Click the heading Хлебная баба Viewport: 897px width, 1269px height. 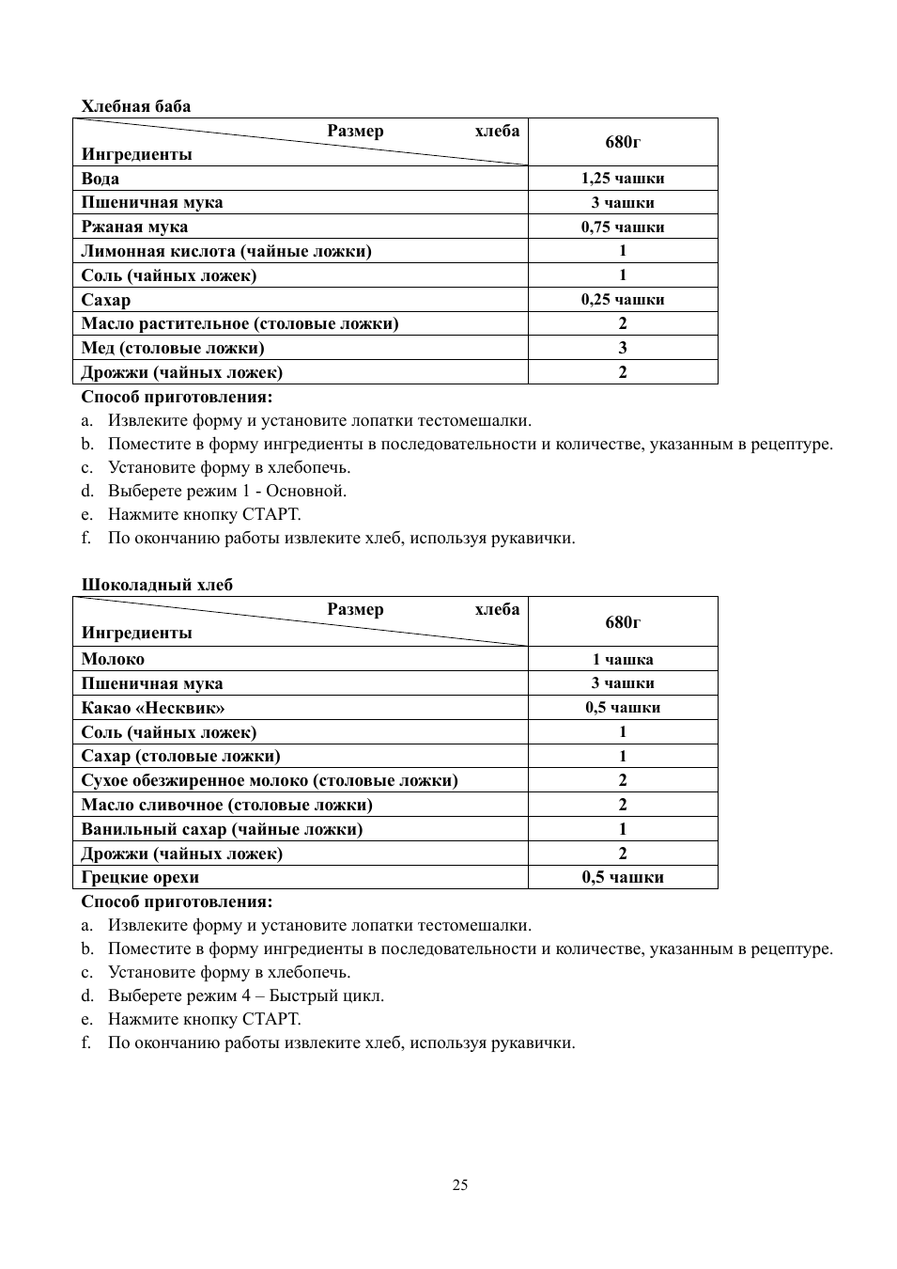point(135,106)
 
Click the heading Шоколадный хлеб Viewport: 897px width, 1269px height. point(156,585)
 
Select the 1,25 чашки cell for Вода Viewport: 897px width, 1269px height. point(622,179)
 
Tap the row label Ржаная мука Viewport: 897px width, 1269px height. point(134,227)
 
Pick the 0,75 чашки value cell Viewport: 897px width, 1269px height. point(622,227)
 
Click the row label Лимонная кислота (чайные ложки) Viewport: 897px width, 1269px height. point(225,251)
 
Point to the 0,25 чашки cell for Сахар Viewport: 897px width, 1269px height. point(622,300)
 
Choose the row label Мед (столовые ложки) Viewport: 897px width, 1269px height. point(172,348)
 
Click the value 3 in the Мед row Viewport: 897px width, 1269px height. point(622,348)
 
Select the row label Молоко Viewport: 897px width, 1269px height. point(113,659)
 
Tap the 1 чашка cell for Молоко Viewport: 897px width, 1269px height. point(622,659)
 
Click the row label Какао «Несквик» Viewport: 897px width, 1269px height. point(152,708)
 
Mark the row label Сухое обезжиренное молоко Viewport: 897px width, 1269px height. point(269,780)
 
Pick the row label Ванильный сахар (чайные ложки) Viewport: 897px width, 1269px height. point(222,829)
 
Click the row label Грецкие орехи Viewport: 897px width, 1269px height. point(140,877)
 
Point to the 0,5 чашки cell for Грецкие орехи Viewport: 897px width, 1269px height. point(622,877)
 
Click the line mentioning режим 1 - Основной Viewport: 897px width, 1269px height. point(226,491)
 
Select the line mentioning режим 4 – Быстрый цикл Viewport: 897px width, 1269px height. point(245,995)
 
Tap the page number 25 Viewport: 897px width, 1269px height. point(459,1184)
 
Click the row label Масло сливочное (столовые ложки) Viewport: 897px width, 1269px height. point(226,805)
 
